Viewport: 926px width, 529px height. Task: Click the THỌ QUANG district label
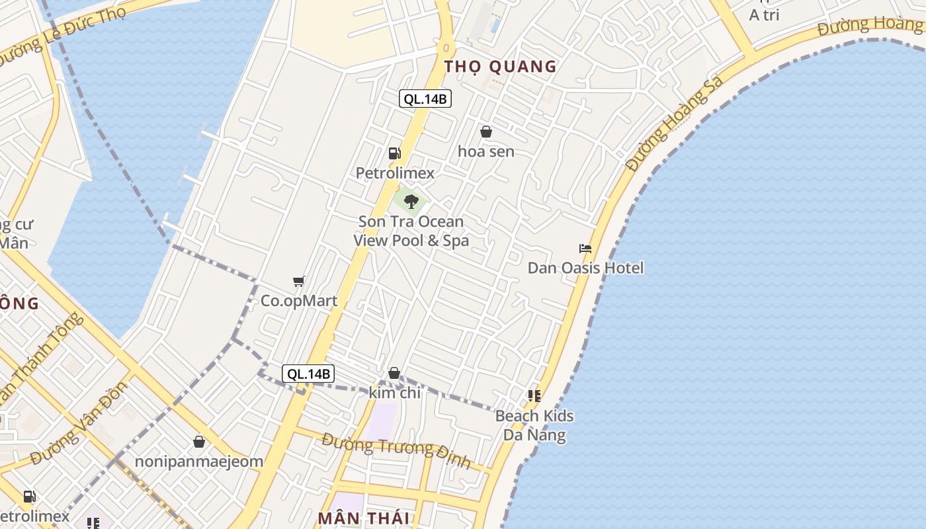point(501,66)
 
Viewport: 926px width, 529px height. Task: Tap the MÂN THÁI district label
point(364,518)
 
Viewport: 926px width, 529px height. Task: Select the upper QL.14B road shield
point(425,99)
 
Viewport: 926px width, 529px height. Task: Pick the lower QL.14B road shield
point(308,374)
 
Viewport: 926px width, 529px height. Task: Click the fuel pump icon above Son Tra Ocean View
point(395,153)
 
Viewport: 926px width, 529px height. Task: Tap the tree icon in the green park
point(411,201)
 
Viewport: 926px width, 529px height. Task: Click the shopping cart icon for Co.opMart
point(299,282)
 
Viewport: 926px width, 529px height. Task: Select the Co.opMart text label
point(299,301)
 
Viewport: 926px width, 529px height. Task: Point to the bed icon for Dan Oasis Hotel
point(585,249)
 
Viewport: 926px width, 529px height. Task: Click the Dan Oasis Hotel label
point(585,268)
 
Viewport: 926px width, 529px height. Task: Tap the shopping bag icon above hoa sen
point(486,132)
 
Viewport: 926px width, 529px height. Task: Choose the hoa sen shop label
point(486,151)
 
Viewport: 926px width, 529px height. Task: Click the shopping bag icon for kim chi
point(394,374)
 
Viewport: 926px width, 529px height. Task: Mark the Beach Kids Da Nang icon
point(534,396)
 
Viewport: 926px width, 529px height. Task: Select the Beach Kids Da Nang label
point(534,425)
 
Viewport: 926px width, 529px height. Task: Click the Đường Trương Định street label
point(396,450)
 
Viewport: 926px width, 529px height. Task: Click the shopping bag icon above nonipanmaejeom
point(199,442)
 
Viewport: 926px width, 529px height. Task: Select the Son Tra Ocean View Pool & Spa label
point(411,231)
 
